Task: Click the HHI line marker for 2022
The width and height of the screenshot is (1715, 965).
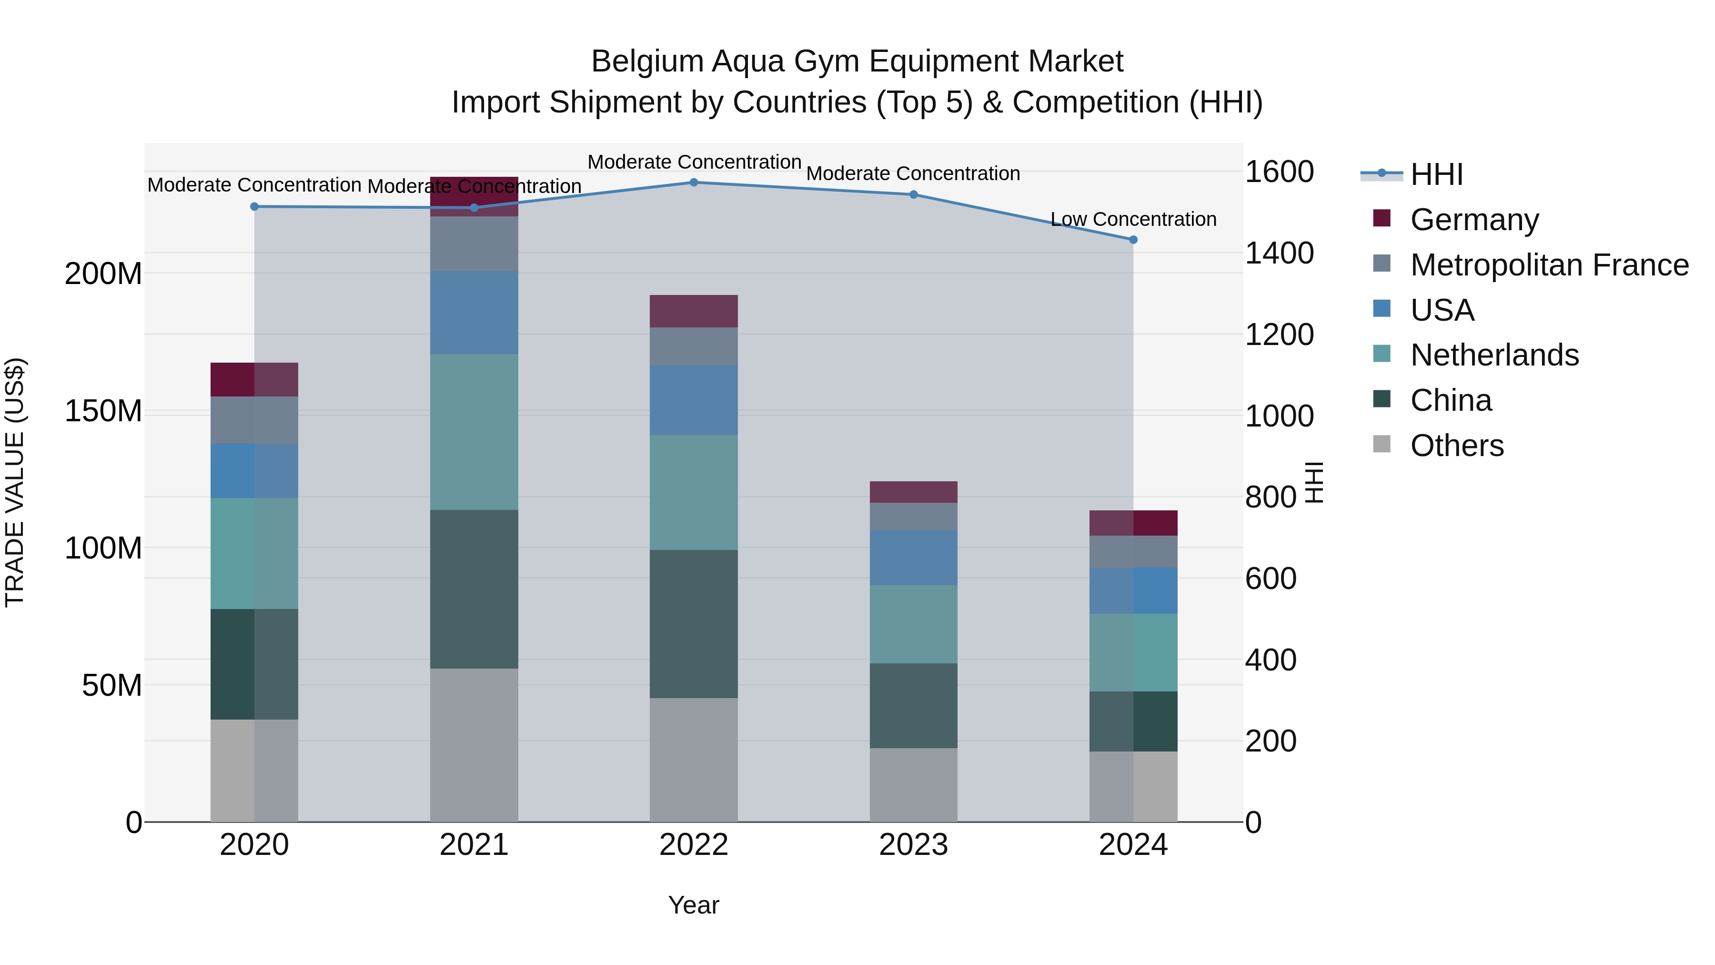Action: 694,183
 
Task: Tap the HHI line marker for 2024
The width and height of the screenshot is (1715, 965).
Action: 1133,240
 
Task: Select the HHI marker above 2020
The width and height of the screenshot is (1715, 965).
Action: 254,206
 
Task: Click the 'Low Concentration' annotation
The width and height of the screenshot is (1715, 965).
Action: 1133,219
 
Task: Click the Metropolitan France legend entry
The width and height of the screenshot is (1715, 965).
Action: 1549,265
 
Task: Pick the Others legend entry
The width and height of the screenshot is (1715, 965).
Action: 1457,446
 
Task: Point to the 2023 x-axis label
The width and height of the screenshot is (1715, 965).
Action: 913,845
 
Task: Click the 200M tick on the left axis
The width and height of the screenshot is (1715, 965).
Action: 103,274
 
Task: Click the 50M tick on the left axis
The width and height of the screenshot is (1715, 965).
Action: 112,685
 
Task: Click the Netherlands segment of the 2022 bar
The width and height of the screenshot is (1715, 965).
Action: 694,492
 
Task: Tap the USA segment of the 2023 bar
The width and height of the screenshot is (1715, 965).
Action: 913,558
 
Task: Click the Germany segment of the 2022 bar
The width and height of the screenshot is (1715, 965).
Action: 694,311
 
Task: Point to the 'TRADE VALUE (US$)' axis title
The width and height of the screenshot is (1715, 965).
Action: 15,482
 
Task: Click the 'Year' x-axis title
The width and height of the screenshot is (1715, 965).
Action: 694,905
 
